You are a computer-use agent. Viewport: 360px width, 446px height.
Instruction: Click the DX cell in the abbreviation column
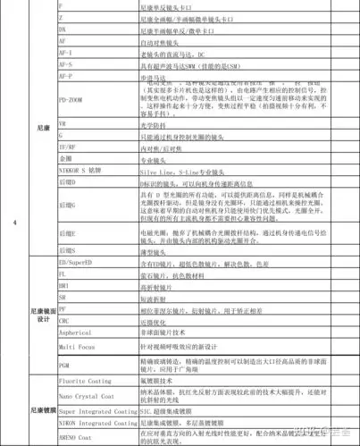[x=62, y=29]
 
